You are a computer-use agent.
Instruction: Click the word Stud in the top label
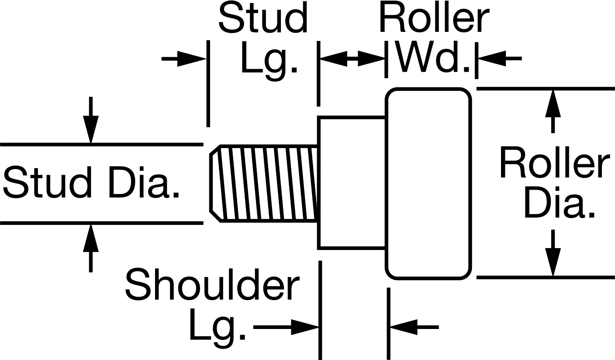point(263,18)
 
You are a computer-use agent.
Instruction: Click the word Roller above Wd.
point(434,18)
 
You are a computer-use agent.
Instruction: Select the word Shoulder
point(212,285)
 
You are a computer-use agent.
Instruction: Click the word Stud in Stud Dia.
point(48,182)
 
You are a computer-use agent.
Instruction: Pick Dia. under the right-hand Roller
point(559,203)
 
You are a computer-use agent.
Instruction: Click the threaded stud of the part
point(264,183)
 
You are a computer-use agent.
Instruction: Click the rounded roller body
point(428,183)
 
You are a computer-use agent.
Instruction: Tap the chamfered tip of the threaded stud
point(215,183)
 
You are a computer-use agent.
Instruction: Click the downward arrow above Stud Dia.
point(91,120)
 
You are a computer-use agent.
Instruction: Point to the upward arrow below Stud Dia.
point(91,248)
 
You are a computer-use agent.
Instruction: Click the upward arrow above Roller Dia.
point(553,112)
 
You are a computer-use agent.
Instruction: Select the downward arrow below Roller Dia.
point(553,253)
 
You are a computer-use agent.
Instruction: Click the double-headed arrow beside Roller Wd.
point(352,59)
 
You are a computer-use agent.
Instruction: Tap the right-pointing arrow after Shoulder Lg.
point(286,327)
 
